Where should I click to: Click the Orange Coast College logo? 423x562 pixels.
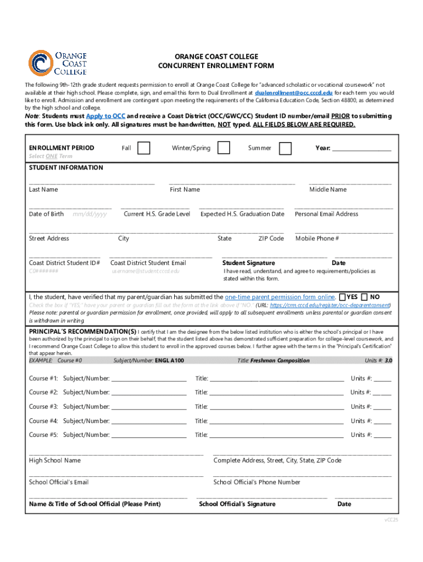[58, 63]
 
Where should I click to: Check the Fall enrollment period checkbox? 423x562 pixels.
[143, 148]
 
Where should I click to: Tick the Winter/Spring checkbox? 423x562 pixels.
[224, 148]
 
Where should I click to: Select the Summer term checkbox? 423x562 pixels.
[285, 148]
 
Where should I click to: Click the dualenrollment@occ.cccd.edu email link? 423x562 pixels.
[293, 93]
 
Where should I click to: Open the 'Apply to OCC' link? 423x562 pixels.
[105, 116]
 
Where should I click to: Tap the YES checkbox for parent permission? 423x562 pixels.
[343, 297]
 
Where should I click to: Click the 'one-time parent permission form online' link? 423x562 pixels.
[280, 297]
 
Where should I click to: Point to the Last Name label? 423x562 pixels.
[43, 189]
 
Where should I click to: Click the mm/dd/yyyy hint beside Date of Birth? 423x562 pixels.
[90, 214]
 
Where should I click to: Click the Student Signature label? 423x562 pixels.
[248, 263]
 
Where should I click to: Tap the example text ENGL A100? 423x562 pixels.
[169, 361]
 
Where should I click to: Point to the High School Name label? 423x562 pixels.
[55, 460]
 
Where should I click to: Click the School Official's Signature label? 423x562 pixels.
[237, 504]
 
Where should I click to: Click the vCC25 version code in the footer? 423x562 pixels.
[391, 519]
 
